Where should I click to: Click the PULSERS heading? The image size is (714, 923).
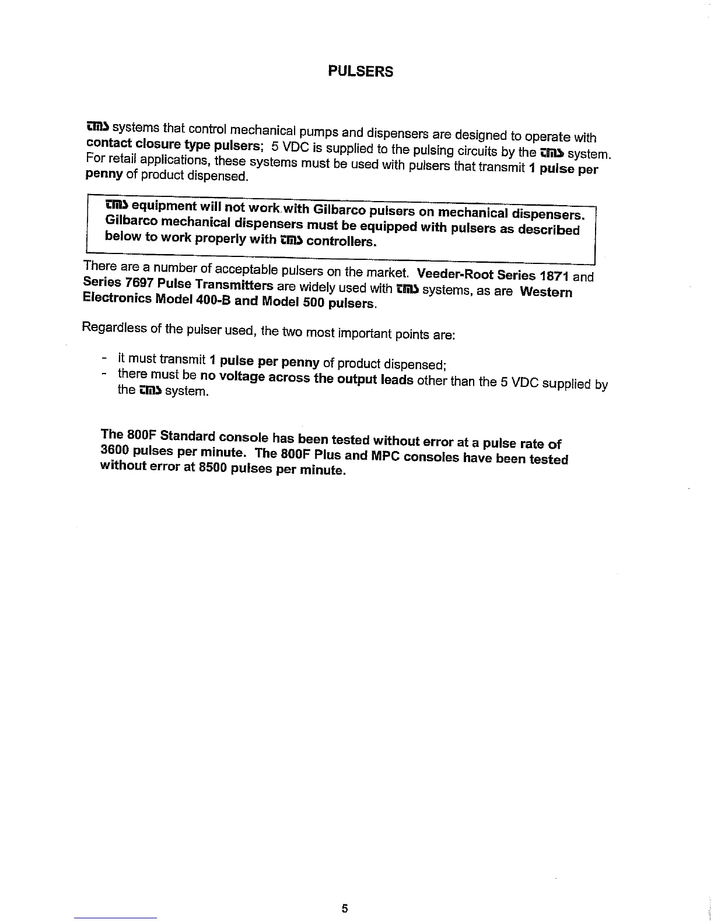pyautogui.click(x=360, y=72)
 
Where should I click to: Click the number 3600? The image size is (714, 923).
pyautogui.click(x=114, y=450)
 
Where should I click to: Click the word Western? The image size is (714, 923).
pyautogui.click(x=546, y=291)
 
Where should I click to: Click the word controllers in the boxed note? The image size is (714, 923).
pyautogui.click(x=341, y=241)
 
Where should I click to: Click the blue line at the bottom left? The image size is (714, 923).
pyautogui.click(x=116, y=918)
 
